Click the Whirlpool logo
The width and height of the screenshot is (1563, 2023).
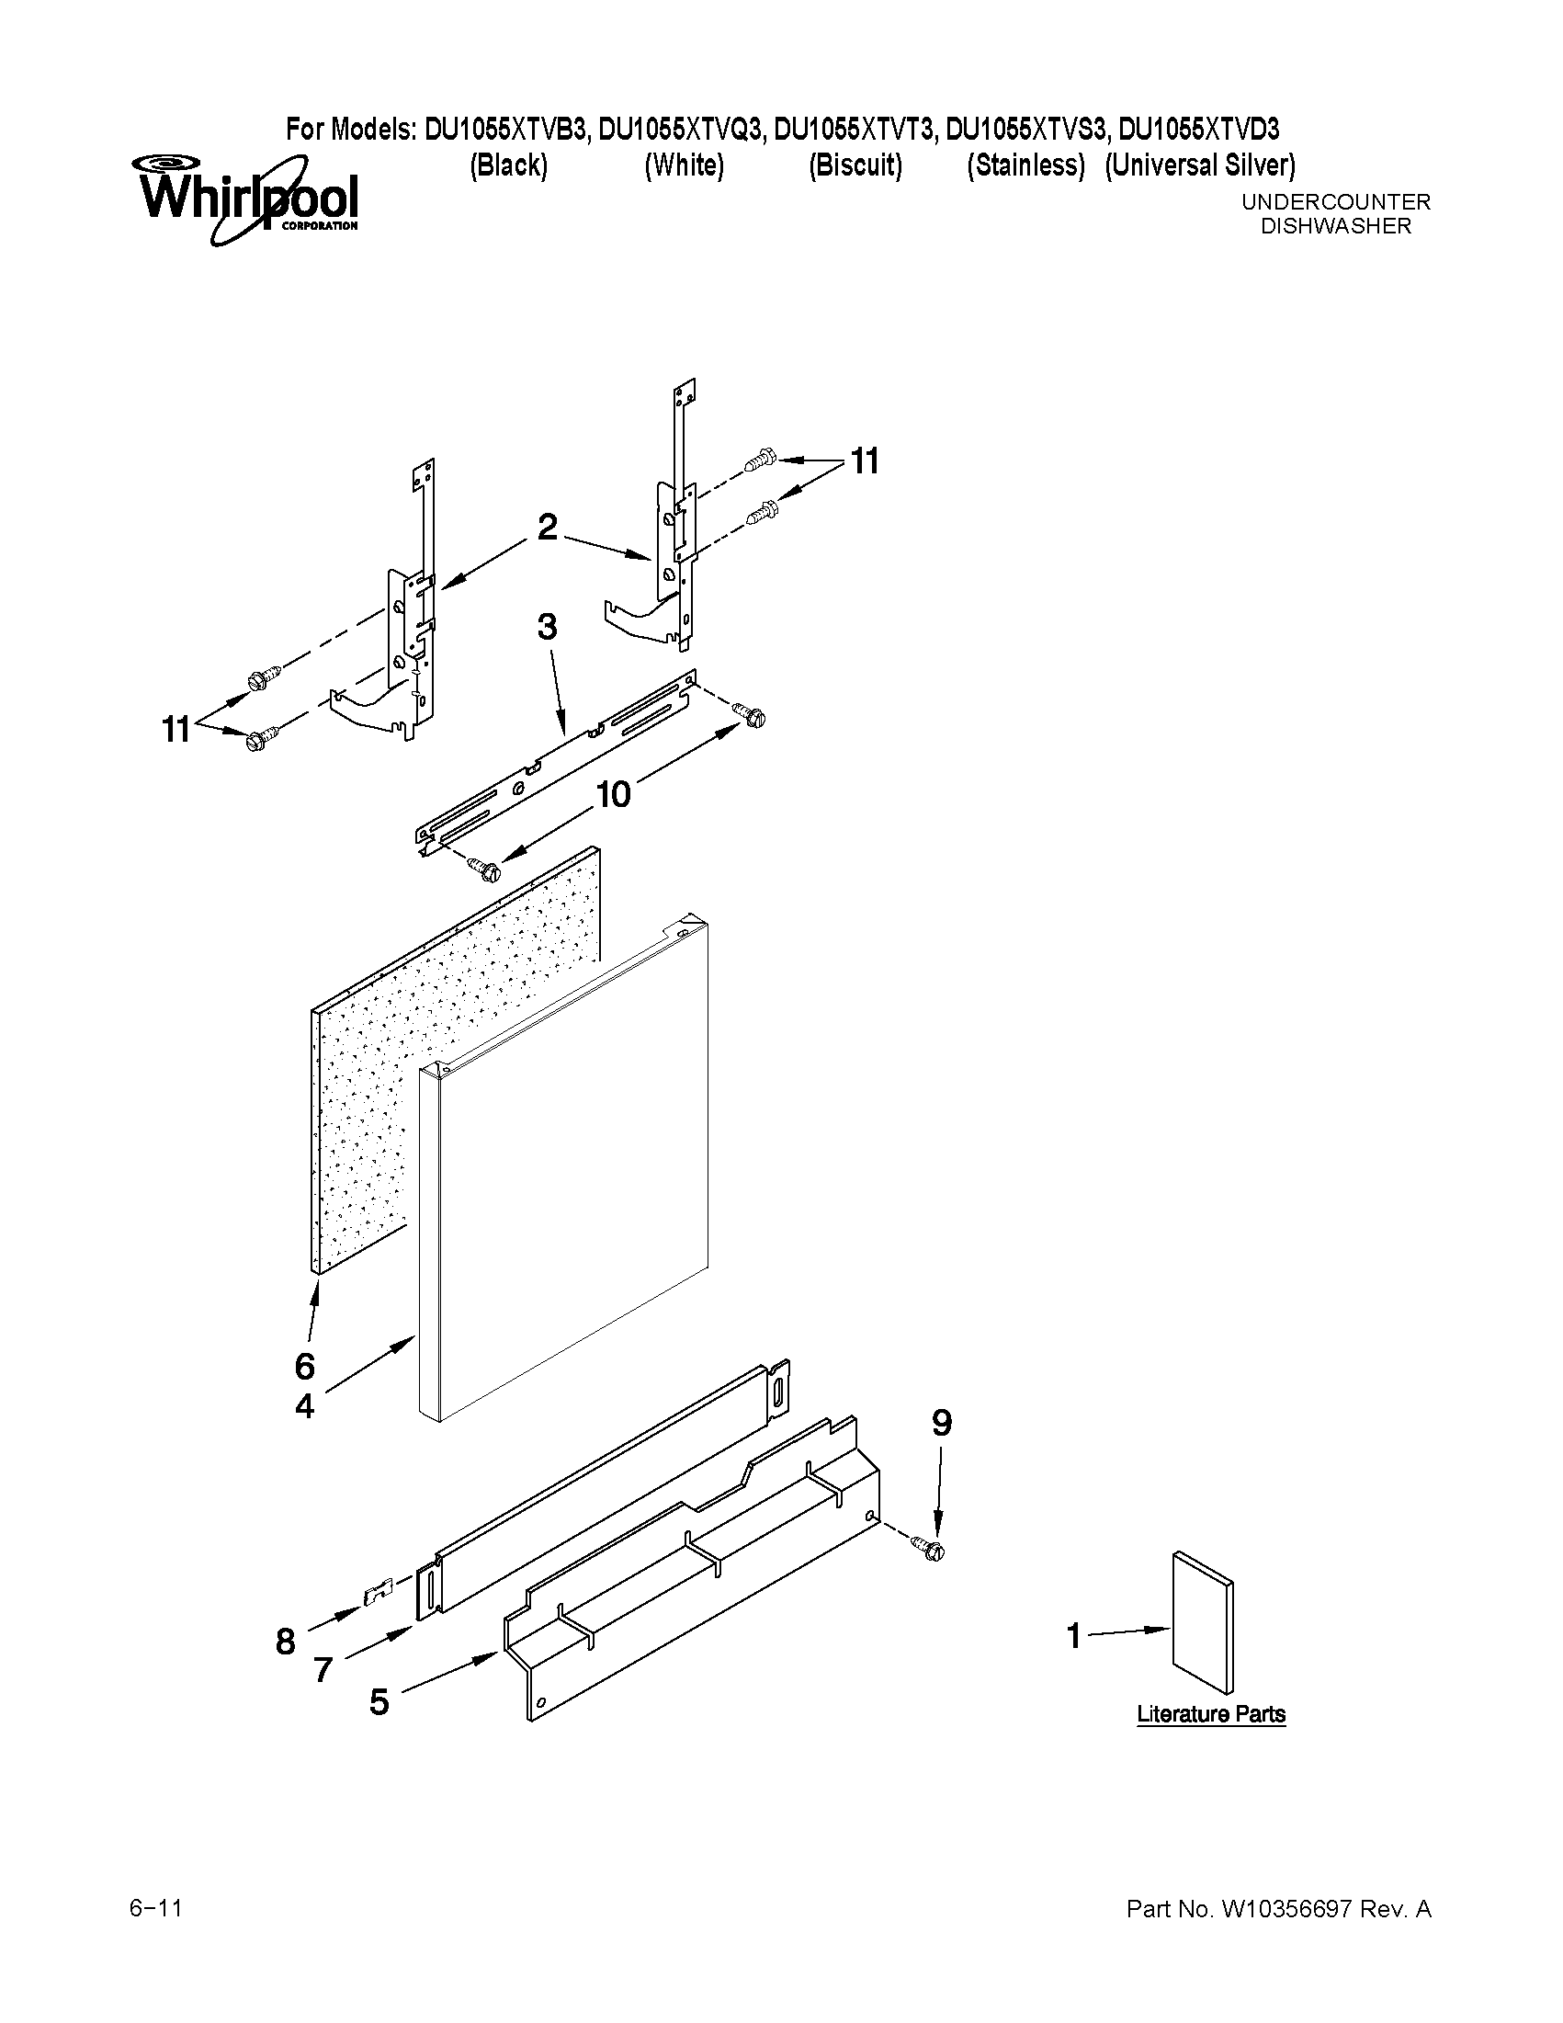pos(248,199)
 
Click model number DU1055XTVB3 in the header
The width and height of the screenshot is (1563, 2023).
pos(505,129)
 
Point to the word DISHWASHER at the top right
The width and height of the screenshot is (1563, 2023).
pos(1335,226)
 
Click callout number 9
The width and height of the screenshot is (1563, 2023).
pos(941,1422)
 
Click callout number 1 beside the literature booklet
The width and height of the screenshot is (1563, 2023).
pos(1073,1636)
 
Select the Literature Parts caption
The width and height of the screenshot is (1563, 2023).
pos(1210,1713)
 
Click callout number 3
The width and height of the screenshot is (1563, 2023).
pos(548,627)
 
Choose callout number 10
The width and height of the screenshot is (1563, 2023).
pos(613,794)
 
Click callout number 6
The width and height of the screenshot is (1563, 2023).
pos(305,1365)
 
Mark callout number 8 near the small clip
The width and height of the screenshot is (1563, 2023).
pos(285,1642)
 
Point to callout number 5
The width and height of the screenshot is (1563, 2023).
pos(379,1701)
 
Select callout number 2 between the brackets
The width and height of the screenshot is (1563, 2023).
pos(548,527)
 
